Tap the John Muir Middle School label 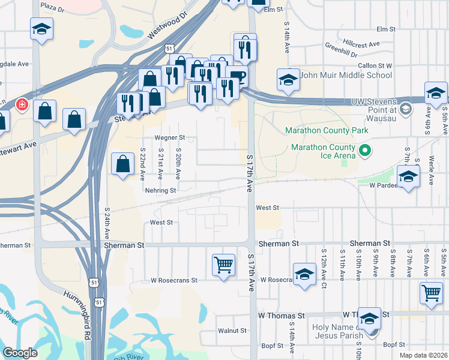(346, 76)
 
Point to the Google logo (20, 353)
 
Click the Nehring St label (160, 190)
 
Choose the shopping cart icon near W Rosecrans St (223, 264)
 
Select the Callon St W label (375, 65)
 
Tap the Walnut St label (232, 331)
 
